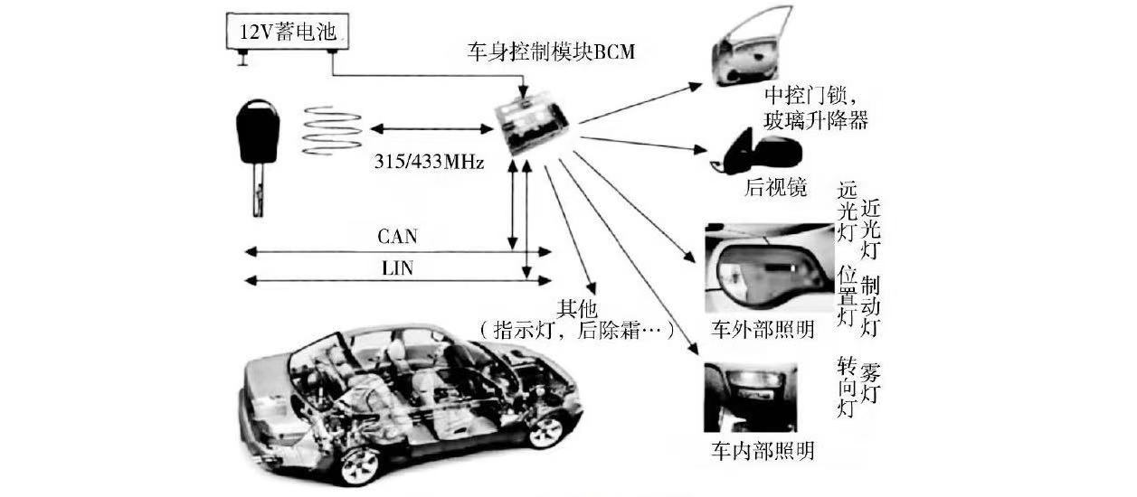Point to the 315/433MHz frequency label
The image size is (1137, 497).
(429, 163)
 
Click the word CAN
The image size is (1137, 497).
(397, 237)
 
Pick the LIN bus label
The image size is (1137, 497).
(398, 268)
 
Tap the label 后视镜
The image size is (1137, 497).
(775, 188)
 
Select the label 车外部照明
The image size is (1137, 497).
(762, 330)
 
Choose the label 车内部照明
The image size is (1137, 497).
(763, 450)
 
